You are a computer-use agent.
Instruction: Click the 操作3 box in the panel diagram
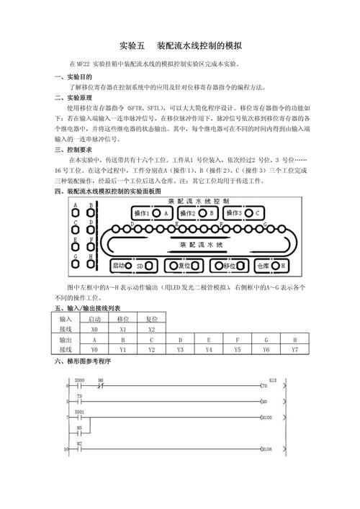[x=242, y=213]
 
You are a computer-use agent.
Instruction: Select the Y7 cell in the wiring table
[x=294, y=349]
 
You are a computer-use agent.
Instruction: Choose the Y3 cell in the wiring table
[x=179, y=349]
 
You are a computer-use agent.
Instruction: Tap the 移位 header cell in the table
[x=122, y=319]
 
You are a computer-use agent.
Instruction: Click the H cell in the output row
[x=294, y=339]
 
